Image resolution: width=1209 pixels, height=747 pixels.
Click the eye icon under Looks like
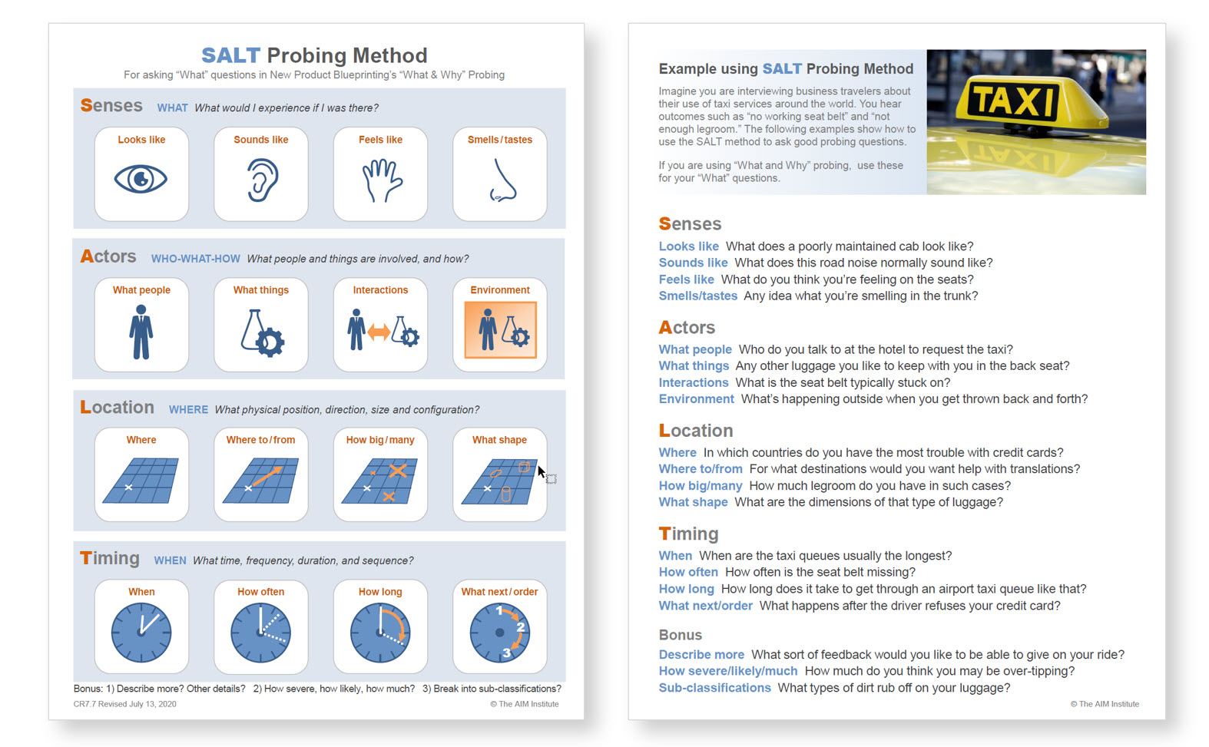(x=141, y=180)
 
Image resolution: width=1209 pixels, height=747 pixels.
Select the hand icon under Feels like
(x=382, y=181)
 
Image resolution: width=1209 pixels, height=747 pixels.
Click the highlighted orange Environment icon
(x=500, y=329)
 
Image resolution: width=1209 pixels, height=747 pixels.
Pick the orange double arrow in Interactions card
(x=379, y=332)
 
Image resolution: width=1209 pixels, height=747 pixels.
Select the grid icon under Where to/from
(x=260, y=481)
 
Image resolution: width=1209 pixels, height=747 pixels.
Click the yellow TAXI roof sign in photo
(x=1015, y=101)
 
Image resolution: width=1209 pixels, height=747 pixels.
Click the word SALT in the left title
(x=230, y=55)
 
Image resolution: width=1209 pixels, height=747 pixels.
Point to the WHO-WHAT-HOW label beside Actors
(x=195, y=259)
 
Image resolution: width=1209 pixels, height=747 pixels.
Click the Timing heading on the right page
(x=688, y=534)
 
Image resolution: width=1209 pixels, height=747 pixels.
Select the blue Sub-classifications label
(x=714, y=688)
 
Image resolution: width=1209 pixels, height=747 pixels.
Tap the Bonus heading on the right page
(x=680, y=635)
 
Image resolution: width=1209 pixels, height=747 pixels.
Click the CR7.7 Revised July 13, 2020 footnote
(x=124, y=704)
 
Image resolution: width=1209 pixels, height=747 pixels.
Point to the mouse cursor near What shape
(x=541, y=471)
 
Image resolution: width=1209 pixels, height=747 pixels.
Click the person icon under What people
(x=141, y=332)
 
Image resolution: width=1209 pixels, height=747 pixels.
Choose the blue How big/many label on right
(x=700, y=486)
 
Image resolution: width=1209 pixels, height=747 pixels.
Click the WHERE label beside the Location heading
(x=188, y=410)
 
